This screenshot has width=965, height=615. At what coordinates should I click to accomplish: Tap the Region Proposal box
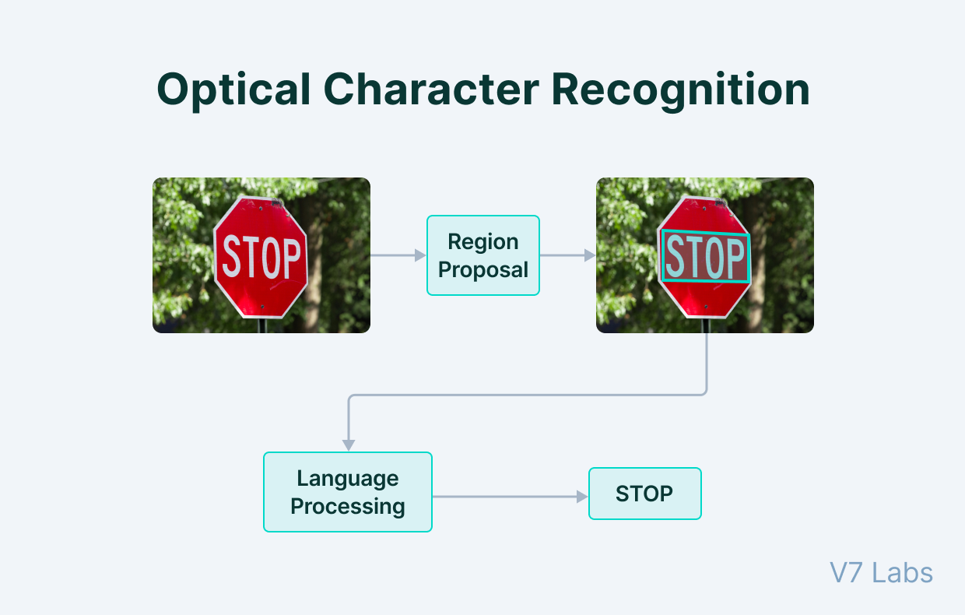point(482,255)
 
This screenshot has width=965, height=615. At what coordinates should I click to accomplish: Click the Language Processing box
point(347,492)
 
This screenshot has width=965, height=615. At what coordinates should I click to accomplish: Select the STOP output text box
point(644,494)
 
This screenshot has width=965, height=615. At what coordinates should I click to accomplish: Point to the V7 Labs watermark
point(881,573)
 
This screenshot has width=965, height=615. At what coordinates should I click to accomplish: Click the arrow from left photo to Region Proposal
point(397,255)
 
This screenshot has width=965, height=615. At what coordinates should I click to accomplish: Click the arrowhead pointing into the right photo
point(590,255)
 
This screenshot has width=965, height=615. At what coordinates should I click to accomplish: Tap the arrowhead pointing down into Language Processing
point(349,445)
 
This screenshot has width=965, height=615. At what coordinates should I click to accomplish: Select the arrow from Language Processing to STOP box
point(506,497)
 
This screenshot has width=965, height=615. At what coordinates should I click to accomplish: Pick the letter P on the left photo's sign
point(290,258)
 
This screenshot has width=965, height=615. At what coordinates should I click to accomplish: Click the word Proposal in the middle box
point(482,270)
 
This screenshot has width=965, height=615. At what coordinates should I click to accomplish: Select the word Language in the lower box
point(347,478)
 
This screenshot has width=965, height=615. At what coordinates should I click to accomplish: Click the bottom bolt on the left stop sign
point(262,307)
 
